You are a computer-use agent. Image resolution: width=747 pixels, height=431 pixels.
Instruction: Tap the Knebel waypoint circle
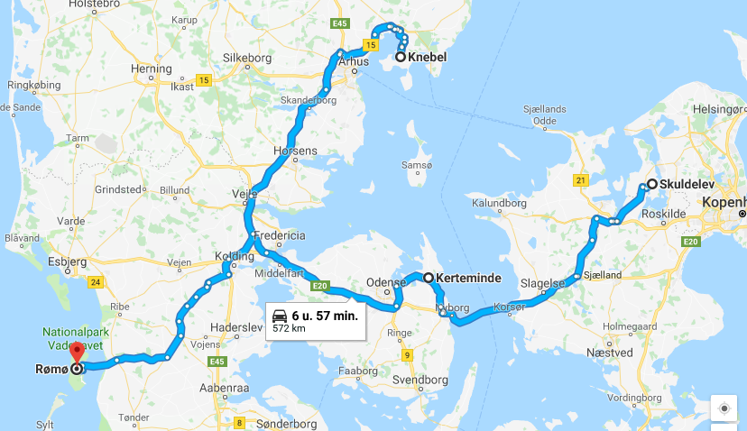[x=400, y=57]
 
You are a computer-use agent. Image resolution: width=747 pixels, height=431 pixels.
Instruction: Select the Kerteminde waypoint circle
[x=429, y=278]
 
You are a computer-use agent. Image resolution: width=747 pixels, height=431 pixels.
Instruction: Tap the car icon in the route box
[x=281, y=316]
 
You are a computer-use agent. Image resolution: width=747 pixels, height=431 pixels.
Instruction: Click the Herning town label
[x=151, y=69]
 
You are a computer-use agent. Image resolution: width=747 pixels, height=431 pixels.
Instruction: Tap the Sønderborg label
[x=281, y=422]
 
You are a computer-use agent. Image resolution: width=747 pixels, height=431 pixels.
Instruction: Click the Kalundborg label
[x=497, y=204]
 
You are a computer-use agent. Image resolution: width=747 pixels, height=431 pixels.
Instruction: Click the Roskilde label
[x=665, y=213]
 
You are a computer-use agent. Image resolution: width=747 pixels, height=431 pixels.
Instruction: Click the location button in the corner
[x=724, y=408]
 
